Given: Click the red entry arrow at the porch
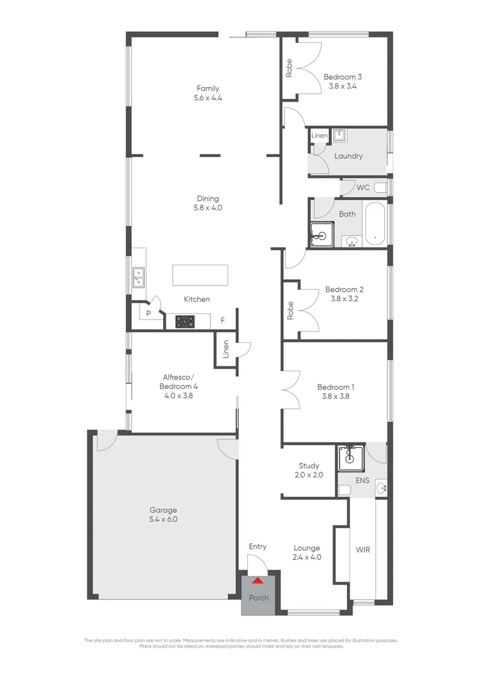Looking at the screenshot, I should pyautogui.click(x=258, y=580).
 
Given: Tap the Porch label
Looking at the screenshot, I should pyautogui.click(x=259, y=598).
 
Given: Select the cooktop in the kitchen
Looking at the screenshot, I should pyautogui.click(x=185, y=321).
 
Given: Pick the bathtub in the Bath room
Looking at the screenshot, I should pyautogui.click(x=375, y=223).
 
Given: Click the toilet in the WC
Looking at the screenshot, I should pyautogui.click(x=380, y=188).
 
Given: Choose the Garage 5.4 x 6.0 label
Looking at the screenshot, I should pyautogui.click(x=163, y=515).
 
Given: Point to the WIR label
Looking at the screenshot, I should pyautogui.click(x=363, y=549).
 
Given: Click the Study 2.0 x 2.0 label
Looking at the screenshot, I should pyautogui.click(x=309, y=470).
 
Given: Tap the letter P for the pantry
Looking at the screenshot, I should pyautogui.click(x=149, y=313).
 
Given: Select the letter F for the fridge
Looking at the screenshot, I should pyautogui.click(x=223, y=320).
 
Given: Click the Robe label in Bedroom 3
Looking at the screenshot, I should pyautogui.click(x=290, y=68).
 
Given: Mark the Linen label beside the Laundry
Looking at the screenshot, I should pyautogui.click(x=319, y=136).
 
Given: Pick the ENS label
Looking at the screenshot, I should pyautogui.click(x=363, y=481).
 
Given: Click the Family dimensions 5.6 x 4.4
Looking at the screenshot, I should pyautogui.click(x=208, y=98).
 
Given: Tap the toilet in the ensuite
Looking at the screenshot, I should pyautogui.click(x=344, y=490).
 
